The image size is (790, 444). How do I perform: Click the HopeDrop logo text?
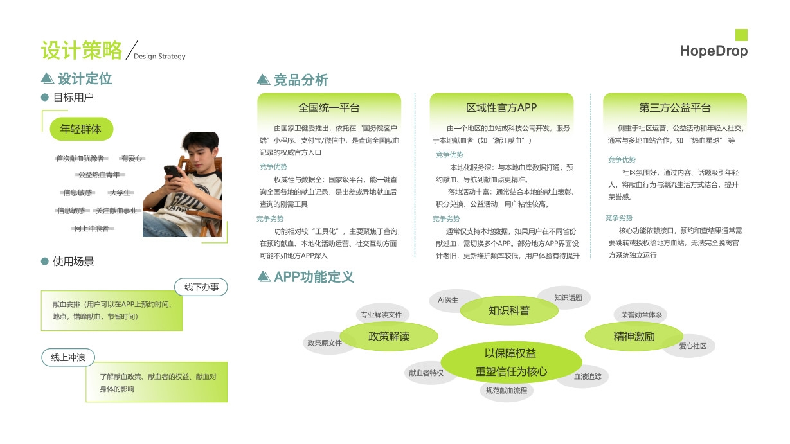tap(714, 51)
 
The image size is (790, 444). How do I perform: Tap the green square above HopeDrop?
tap(741, 35)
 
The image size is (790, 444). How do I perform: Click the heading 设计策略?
tap(82, 50)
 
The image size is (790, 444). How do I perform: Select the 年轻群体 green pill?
tap(81, 129)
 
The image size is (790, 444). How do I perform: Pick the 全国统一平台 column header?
tap(329, 107)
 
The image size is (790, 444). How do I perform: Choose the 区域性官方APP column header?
tap(501, 107)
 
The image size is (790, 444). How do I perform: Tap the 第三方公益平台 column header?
tap(674, 107)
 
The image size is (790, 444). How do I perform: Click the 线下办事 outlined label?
tap(201, 287)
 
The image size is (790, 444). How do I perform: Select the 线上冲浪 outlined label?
tap(68, 357)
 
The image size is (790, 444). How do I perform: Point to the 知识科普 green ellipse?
tap(509, 311)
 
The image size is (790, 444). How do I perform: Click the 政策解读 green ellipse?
tap(389, 336)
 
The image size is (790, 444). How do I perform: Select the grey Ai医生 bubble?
tap(450, 300)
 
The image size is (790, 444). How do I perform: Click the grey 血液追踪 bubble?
tap(587, 377)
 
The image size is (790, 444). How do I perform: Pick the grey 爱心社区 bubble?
tap(692, 346)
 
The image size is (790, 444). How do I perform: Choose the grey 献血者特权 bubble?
tap(426, 373)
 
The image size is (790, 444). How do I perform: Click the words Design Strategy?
tap(159, 57)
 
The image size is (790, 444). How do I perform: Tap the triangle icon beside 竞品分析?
tap(263, 80)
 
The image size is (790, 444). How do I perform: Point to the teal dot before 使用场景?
tap(45, 262)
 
